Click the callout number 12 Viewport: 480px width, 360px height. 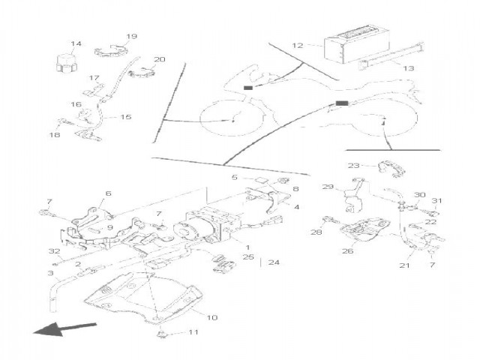click(298, 46)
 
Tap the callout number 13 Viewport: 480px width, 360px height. click(408, 68)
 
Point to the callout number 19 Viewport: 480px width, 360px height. click(132, 37)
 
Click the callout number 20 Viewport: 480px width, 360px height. click(159, 60)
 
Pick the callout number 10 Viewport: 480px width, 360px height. click(211, 318)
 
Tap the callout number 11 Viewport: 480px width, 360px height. click(193, 331)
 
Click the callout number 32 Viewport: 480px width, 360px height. click(54, 250)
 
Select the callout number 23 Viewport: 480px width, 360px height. click(353, 165)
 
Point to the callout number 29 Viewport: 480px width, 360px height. click(327, 187)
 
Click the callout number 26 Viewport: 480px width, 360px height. click(347, 251)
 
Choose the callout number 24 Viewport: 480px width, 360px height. click(273, 262)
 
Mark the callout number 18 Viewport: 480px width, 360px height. click(55, 135)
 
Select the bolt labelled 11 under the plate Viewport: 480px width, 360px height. click(163, 332)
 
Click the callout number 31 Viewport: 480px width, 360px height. click(437, 200)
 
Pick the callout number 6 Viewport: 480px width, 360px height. click(107, 193)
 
